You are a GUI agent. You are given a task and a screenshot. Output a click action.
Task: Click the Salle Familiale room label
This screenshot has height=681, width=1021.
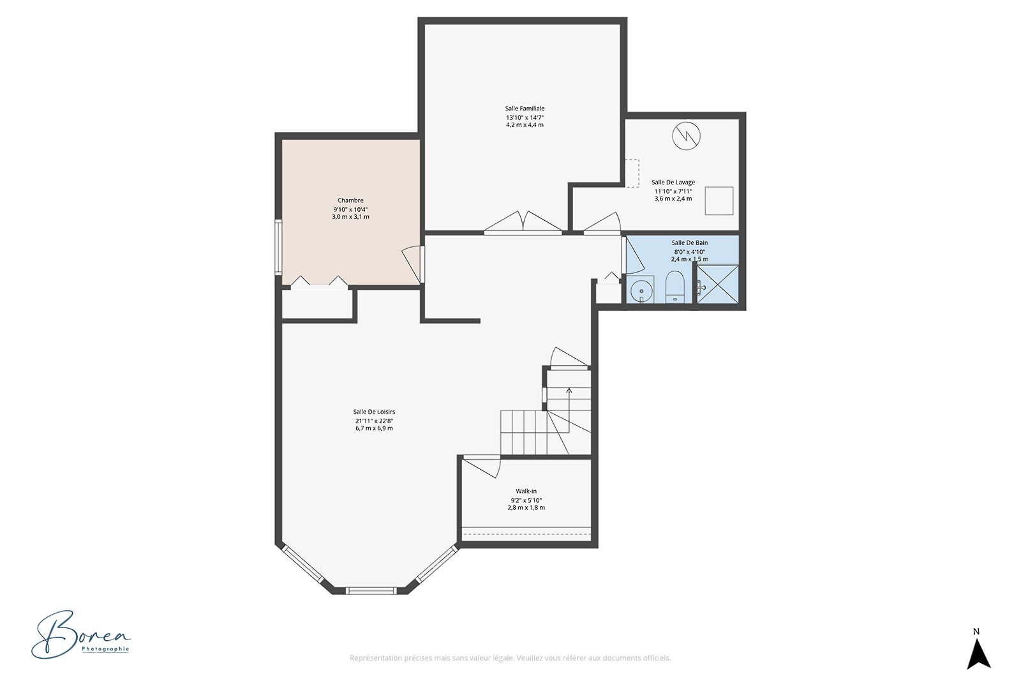click(x=525, y=109)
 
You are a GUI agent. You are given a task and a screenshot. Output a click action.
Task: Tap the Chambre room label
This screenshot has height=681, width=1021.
click(x=350, y=200)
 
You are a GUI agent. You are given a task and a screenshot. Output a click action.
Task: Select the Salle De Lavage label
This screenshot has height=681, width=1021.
click(x=673, y=183)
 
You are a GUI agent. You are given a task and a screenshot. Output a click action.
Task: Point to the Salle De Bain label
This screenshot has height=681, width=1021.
click(x=690, y=243)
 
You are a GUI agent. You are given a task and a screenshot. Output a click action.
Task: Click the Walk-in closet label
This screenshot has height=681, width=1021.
click(x=526, y=491)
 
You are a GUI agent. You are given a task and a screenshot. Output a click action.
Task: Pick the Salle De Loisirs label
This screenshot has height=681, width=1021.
click(x=374, y=412)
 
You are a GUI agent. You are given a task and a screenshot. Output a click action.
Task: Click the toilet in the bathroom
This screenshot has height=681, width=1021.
click(x=675, y=287)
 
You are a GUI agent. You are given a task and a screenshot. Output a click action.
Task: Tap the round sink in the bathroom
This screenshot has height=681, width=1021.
click(x=642, y=290)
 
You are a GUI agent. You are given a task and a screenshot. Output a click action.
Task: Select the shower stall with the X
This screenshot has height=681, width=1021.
click(x=718, y=284)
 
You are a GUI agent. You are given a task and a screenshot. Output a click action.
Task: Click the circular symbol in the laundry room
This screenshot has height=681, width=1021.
click(x=687, y=136)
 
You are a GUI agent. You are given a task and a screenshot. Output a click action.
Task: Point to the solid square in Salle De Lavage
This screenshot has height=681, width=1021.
click(x=719, y=200)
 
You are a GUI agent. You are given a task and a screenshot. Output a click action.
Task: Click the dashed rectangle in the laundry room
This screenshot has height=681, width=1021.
click(x=632, y=173)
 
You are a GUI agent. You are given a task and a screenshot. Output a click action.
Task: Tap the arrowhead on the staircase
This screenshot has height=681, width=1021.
click(x=569, y=390)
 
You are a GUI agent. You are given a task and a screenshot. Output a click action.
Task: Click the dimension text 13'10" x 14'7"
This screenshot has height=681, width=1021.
click(x=525, y=117)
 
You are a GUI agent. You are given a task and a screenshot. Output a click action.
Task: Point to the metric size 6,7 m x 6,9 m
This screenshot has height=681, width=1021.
click(x=374, y=428)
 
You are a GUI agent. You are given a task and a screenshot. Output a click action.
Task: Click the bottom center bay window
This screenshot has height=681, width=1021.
click(x=372, y=591)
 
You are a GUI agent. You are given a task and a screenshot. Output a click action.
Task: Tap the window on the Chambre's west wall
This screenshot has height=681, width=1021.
click(x=278, y=247)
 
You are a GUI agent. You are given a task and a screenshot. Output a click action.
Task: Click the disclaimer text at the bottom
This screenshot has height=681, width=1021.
click(x=510, y=658)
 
